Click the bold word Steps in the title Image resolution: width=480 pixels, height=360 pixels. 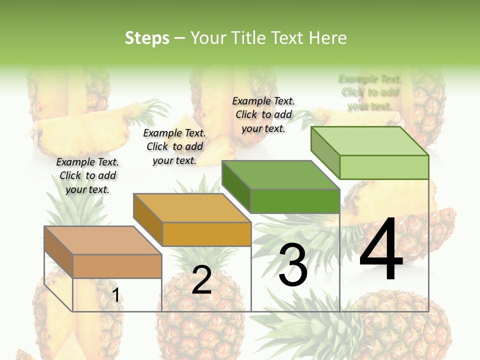click(x=147, y=38)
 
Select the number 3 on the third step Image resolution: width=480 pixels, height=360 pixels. click(x=293, y=265)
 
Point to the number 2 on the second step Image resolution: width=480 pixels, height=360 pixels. click(x=201, y=280)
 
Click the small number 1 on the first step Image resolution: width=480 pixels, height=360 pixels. click(x=116, y=295)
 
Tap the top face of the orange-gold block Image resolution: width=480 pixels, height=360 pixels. click(x=192, y=208)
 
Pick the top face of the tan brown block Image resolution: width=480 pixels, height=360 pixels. click(x=103, y=240)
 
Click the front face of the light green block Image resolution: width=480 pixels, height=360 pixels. click(x=384, y=167)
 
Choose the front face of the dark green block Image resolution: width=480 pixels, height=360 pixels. click(x=295, y=201)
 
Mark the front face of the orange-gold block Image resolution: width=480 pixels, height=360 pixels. click(x=206, y=234)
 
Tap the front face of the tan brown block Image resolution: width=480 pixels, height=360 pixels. click(x=117, y=266)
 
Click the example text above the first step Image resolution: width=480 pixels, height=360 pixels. click(x=87, y=175)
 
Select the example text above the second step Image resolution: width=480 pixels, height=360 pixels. click(x=174, y=146)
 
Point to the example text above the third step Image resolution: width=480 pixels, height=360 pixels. click(x=263, y=114)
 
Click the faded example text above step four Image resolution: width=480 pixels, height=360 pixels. click(x=370, y=92)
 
